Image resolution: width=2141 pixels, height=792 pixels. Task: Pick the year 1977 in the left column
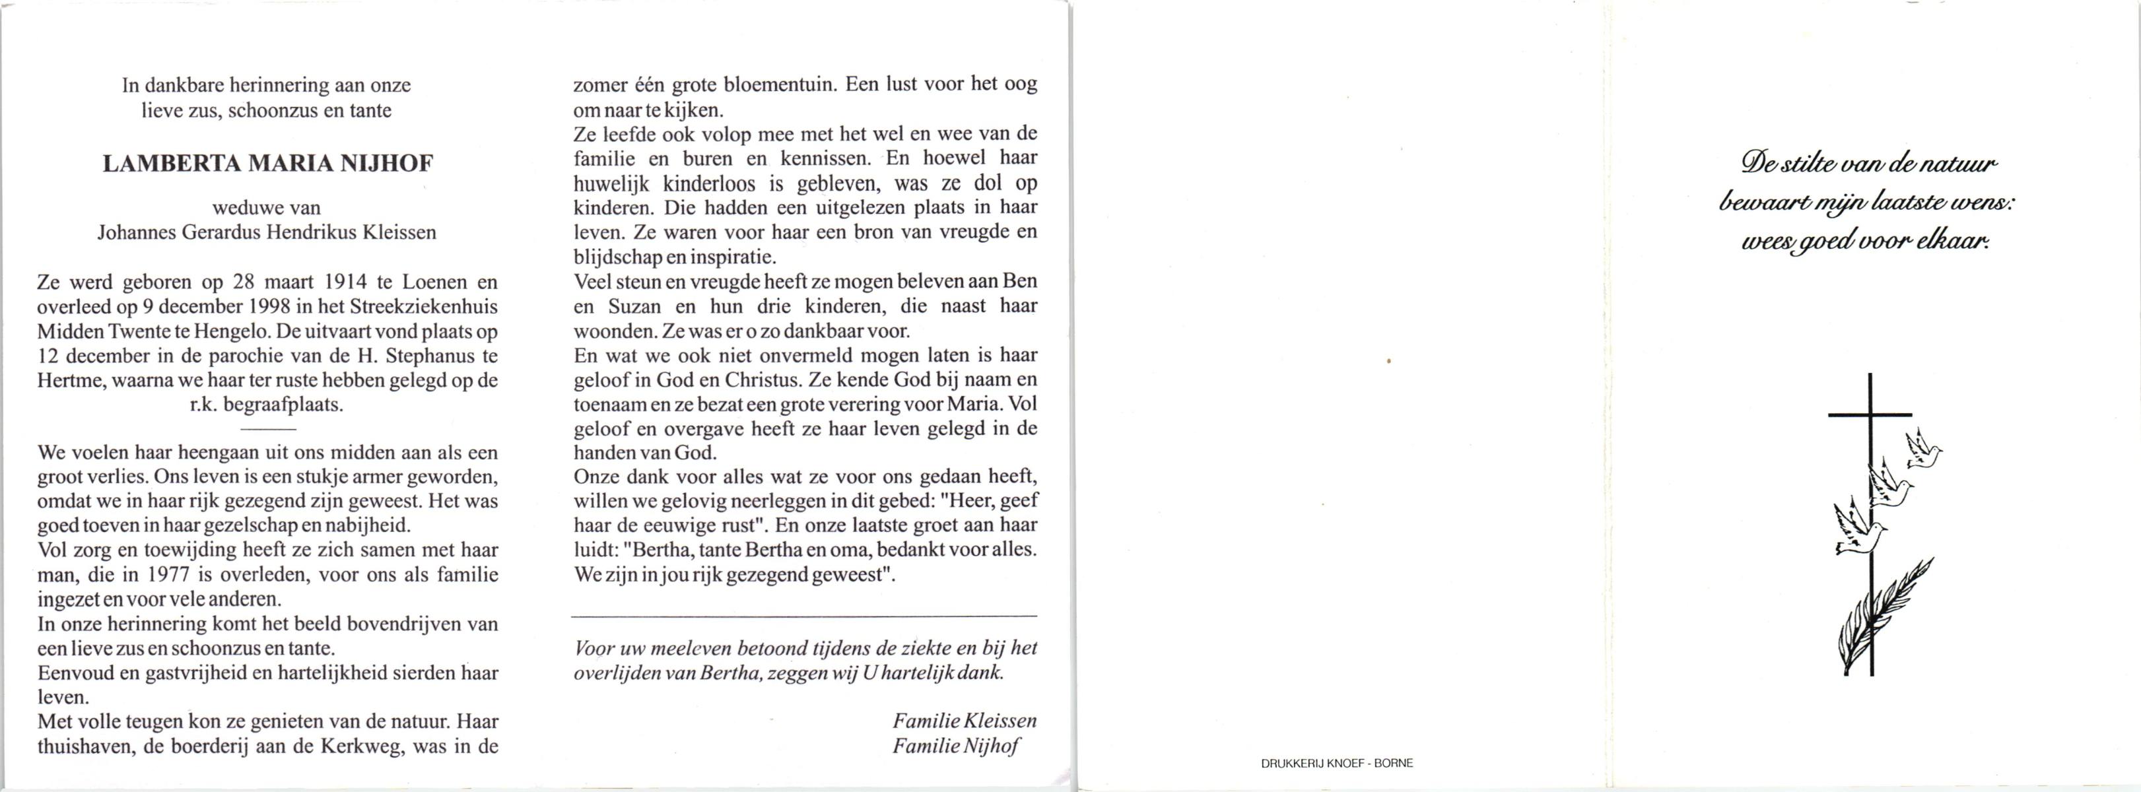coord(173,574)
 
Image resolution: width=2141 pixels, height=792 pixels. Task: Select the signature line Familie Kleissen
coord(964,721)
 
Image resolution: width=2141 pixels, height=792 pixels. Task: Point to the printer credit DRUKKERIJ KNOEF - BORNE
coord(1336,763)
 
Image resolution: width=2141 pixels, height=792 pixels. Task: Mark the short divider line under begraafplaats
coord(267,429)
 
